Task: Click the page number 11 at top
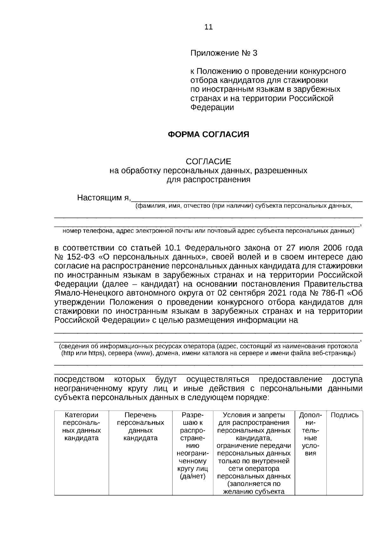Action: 208,27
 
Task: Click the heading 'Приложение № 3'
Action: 224,53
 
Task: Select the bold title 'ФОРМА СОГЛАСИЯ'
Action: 208,134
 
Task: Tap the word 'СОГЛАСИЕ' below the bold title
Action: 208,161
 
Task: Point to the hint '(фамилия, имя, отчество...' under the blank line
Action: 244,206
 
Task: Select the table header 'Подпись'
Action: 344,415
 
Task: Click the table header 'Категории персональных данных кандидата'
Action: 82,426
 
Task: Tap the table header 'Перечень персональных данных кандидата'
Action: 140,426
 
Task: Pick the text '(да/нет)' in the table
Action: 192,476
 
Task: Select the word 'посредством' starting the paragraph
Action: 79,379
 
